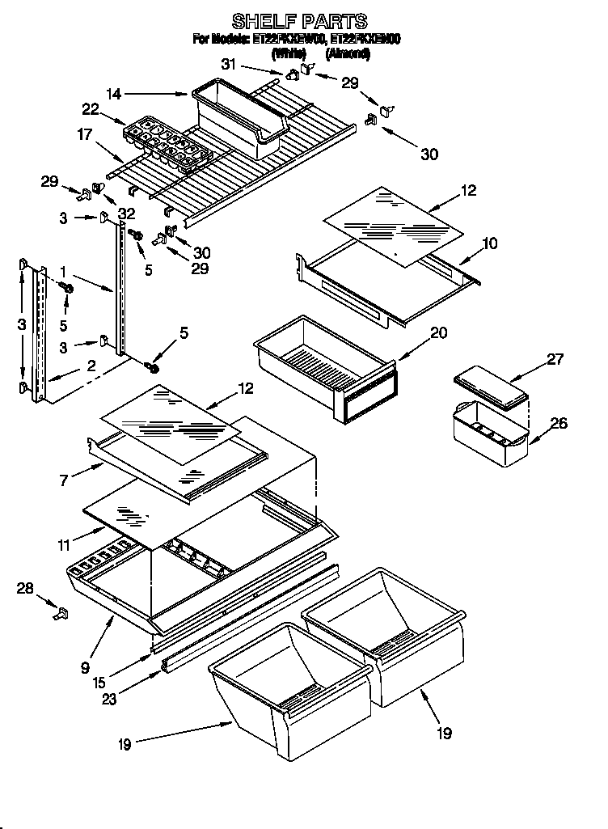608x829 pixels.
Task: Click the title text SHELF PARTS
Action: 299,20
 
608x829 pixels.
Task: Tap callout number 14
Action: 114,95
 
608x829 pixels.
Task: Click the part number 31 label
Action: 229,65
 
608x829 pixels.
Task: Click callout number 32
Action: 125,214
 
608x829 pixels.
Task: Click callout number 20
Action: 439,333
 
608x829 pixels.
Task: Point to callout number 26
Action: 559,423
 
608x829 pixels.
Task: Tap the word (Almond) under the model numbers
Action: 348,53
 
